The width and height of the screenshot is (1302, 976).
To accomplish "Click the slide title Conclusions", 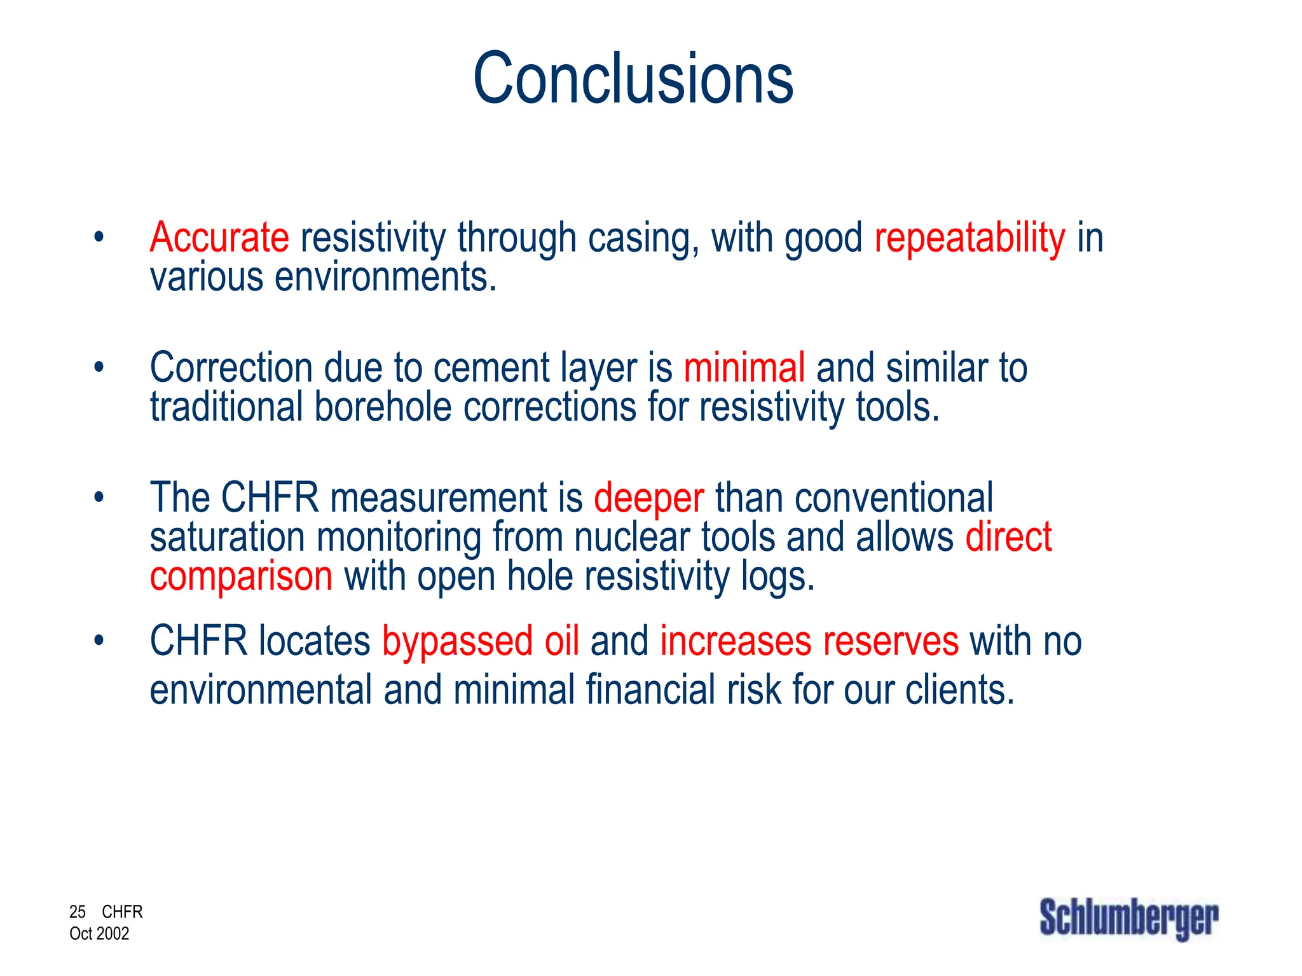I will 633,79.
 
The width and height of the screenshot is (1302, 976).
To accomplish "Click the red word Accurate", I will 219,238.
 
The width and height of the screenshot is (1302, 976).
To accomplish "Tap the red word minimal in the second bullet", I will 744,368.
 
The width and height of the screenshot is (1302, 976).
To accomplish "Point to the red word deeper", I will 649,498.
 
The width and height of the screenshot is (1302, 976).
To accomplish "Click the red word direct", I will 1008,537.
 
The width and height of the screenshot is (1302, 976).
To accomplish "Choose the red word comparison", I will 241,577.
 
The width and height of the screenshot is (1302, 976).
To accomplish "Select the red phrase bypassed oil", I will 481,642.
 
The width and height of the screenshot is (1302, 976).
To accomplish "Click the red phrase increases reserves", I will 809,642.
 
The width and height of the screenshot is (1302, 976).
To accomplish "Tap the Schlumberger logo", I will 1129,919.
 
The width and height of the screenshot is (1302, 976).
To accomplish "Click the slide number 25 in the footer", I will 78,912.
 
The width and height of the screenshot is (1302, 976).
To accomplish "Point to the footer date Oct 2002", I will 99,933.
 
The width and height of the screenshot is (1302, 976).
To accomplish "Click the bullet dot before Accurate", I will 98,238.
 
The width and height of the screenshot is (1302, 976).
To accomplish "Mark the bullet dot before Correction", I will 98,367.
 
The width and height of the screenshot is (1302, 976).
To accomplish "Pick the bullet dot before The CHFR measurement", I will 98,497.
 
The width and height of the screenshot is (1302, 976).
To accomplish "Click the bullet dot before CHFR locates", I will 98,640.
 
